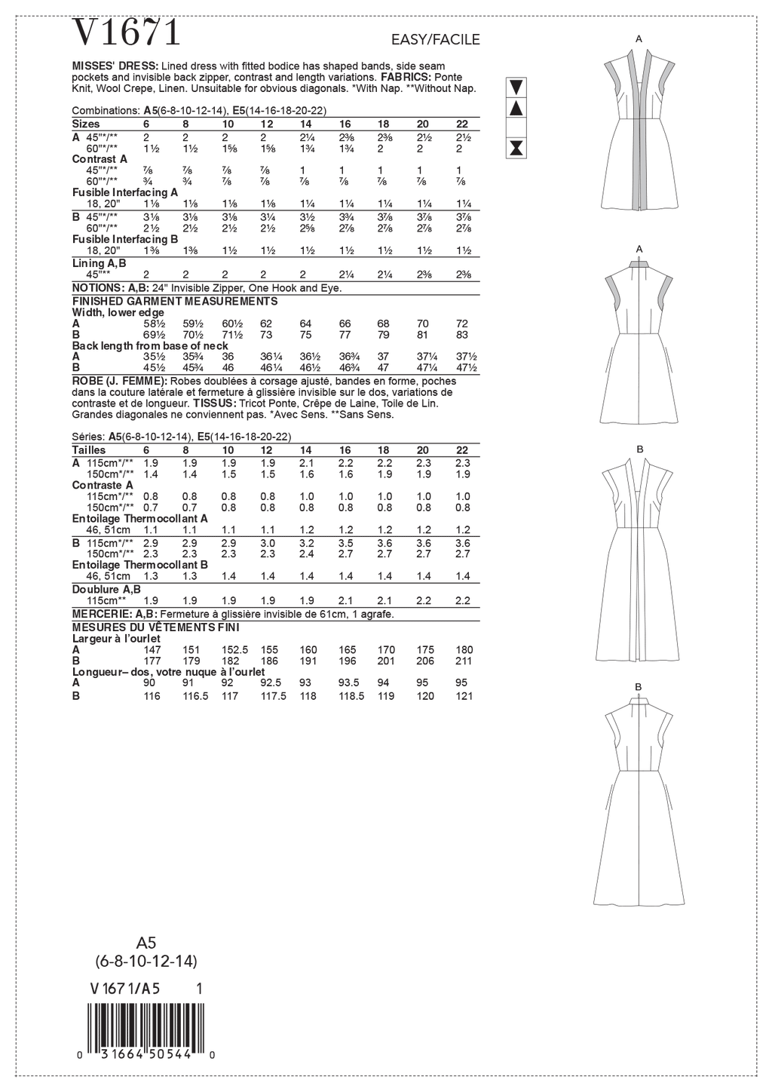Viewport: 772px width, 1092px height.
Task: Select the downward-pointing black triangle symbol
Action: click(x=516, y=85)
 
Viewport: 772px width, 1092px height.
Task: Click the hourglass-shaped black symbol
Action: click(x=516, y=147)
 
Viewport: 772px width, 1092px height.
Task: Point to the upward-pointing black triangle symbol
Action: click(x=516, y=108)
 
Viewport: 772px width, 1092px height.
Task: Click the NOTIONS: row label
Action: click(x=98, y=288)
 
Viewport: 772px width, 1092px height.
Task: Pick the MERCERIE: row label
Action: click(x=101, y=615)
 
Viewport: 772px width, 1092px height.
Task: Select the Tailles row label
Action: click(x=89, y=450)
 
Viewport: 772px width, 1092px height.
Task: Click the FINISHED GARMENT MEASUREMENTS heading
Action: click(x=174, y=301)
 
